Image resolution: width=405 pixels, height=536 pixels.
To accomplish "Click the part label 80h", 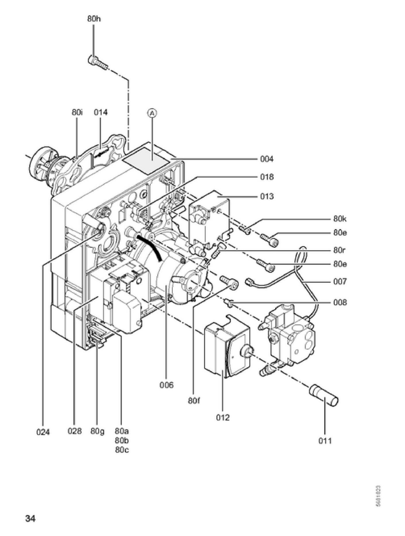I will [94, 19].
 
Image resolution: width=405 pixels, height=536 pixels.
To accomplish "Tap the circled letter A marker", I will [153, 113].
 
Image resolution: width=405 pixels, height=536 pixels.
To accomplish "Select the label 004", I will [267, 159].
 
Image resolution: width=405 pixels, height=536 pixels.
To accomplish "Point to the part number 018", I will [267, 177].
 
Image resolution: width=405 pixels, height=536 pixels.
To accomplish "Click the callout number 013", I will [267, 197].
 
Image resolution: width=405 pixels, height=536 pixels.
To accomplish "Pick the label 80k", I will [340, 219].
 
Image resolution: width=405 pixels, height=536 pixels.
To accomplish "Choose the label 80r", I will [340, 250].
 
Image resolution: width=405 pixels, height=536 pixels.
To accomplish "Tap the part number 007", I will [340, 282].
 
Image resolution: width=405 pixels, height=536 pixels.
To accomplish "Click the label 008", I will [340, 302].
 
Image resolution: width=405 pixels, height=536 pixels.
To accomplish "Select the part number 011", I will [325, 441].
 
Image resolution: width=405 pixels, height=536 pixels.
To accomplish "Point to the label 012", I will [223, 418].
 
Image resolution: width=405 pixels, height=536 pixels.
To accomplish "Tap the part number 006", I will [167, 385].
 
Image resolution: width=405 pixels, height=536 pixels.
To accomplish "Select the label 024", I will [43, 432].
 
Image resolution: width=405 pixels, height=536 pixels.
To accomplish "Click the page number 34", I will [30, 519].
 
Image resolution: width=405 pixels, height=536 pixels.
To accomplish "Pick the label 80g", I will [97, 431].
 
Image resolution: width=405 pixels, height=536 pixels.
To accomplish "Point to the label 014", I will [101, 112].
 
